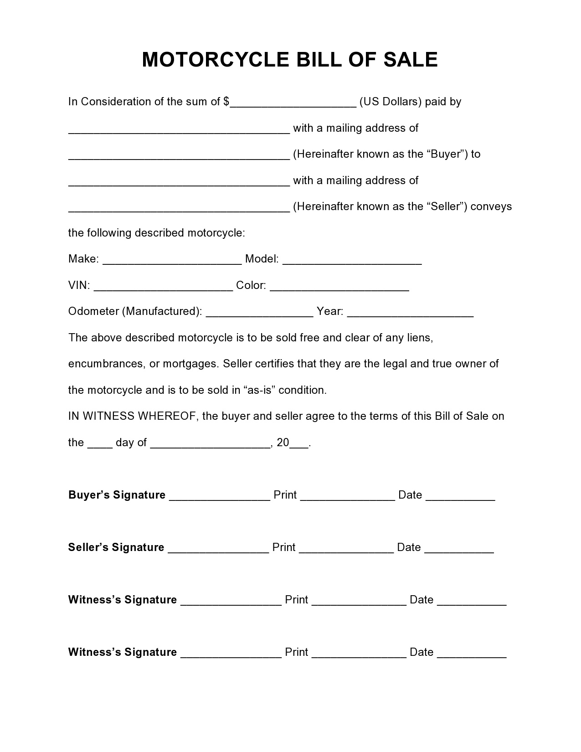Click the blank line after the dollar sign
pos(293,103)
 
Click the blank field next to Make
pos(172,260)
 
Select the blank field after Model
pos(352,260)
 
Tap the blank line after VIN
pos(163,287)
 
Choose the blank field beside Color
pos(339,287)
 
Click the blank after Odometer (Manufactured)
pos(260,313)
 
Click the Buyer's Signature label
pos(117,495)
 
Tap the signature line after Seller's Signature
pos(218,549)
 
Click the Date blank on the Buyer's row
pos(460,496)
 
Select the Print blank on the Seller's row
pos(346,549)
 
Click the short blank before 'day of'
pos(100,444)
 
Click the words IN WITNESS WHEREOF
pos(132,416)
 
